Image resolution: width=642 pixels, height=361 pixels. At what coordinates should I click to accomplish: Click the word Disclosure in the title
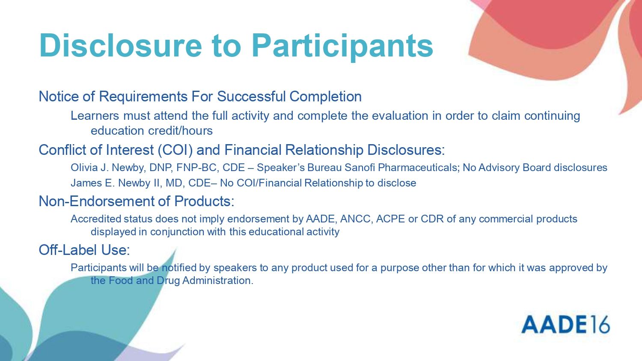(x=121, y=46)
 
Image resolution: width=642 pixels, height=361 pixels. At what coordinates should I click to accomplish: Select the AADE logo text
(x=553, y=325)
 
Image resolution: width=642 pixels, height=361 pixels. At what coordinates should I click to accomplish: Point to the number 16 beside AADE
(x=599, y=325)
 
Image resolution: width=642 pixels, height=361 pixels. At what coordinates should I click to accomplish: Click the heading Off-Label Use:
(x=84, y=250)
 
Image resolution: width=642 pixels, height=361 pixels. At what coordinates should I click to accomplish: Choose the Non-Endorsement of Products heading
(x=137, y=201)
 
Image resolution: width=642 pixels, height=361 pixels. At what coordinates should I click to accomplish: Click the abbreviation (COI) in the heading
(x=175, y=150)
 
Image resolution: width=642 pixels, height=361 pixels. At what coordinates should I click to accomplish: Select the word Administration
(x=218, y=280)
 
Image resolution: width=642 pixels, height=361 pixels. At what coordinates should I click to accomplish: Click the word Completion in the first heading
(x=325, y=97)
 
